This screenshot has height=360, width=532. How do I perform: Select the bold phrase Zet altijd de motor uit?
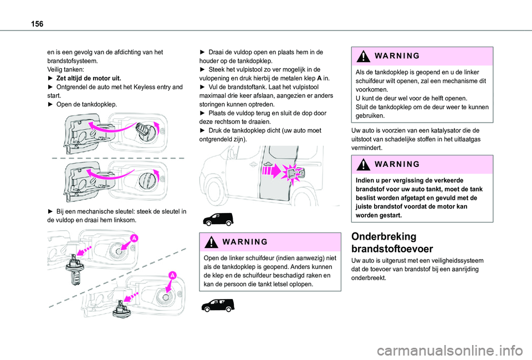pos(85,78)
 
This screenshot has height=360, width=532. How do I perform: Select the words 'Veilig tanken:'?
pos(65,70)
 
